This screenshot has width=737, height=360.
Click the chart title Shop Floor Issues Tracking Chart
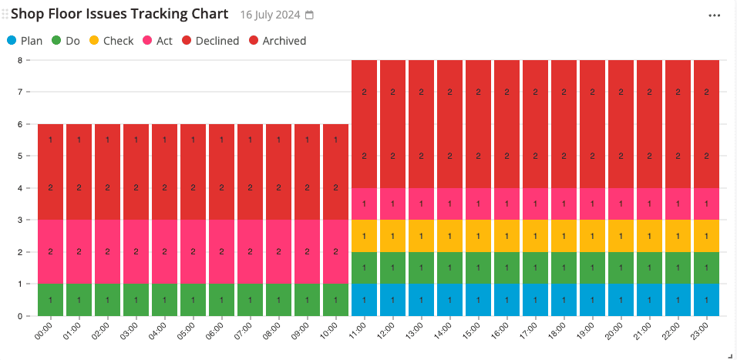coord(119,14)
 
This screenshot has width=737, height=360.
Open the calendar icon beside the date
coord(310,15)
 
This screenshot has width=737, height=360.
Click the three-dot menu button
coord(715,15)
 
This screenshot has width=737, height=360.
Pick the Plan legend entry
coord(25,41)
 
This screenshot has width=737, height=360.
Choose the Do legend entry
coord(66,41)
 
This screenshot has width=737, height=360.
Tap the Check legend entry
coord(111,41)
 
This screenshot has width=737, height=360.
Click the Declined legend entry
coord(210,41)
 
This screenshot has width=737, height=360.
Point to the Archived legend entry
coord(277,41)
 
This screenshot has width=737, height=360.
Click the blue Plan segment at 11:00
coord(364,300)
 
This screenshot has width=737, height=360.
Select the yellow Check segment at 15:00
coord(478,236)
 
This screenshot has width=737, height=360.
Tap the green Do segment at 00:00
coord(50,300)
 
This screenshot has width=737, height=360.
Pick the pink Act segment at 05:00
coord(193,252)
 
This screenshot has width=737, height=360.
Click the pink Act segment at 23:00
coord(706,204)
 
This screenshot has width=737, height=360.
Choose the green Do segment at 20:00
coord(621,267)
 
